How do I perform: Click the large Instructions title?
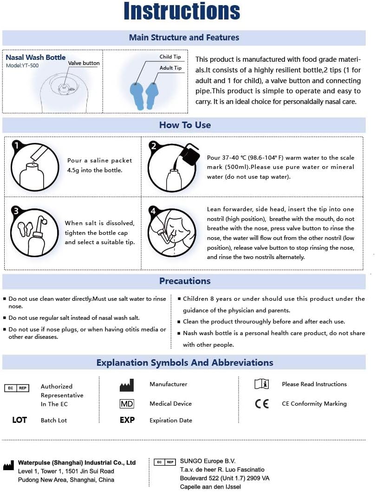coord(182,13)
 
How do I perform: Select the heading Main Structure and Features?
coord(184,38)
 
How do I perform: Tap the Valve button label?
coord(84,63)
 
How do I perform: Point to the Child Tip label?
coord(170,57)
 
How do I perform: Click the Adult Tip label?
coord(170,68)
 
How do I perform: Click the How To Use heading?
coord(185,125)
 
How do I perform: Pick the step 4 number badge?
coord(154,211)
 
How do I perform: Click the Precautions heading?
coord(185,281)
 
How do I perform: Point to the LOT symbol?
coord(19,420)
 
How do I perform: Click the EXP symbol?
coord(127,420)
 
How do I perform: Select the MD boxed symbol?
coord(127,404)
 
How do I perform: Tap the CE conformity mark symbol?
coord(262,404)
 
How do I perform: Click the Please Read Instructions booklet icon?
coord(262,384)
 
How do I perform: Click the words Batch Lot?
coord(54,421)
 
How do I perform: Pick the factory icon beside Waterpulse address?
coord(8,466)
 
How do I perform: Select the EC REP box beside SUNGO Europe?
coord(165,462)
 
